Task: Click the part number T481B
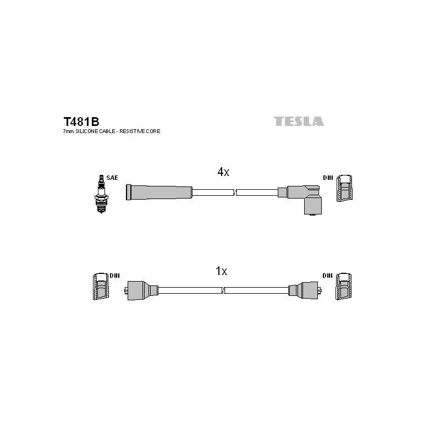(81, 122)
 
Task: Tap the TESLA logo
(299, 121)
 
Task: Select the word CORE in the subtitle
(155, 131)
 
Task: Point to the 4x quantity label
(223, 172)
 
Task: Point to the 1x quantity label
(221, 271)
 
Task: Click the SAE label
(112, 178)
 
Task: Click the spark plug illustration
(101, 194)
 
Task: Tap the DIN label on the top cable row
(328, 178)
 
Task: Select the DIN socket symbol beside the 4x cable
(344, 188)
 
